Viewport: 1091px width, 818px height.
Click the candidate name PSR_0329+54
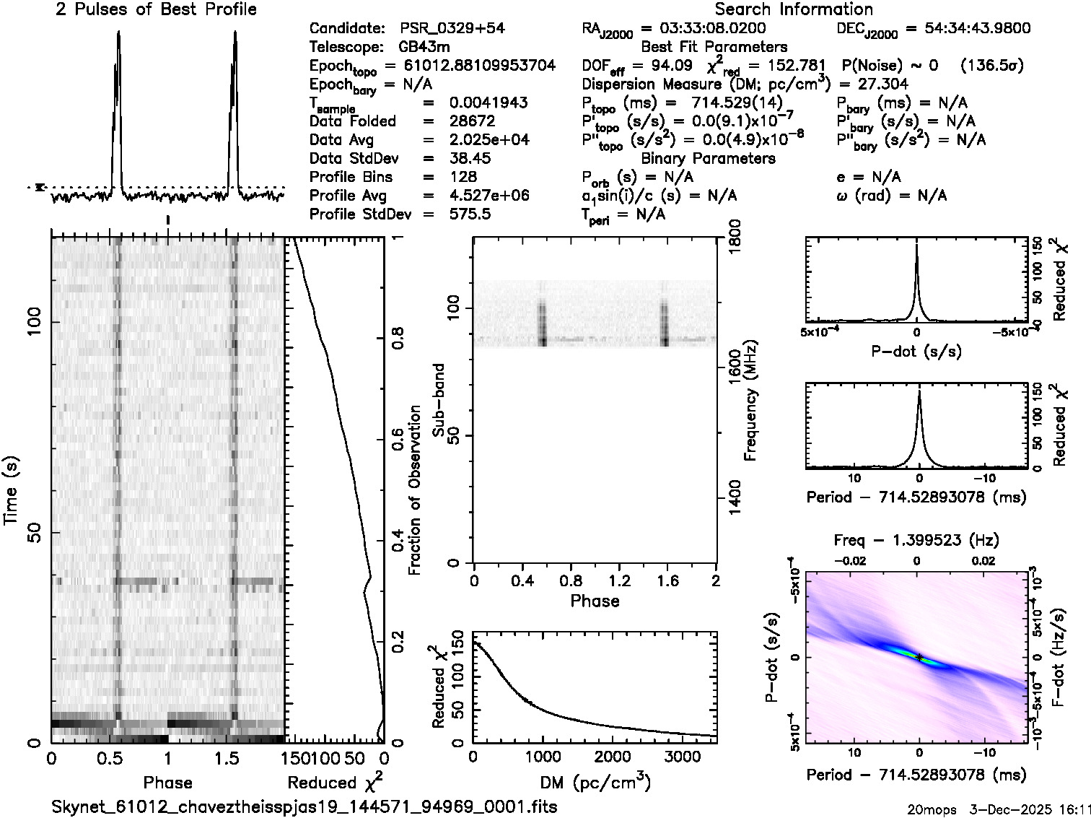pyautogui.click(x=452, y=28)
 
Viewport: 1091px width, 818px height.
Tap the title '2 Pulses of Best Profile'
pyautogui.click(x=157, y=9)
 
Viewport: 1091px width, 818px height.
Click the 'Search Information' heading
pyautogui.click(x=794, y=9)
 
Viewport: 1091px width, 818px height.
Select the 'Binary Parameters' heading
pyautogui.click(x=709, y=158)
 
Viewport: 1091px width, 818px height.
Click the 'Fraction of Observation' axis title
pyautogui.click(x=415, y=490)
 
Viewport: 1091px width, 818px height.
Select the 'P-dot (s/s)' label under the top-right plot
pyautogui.click(x=916, y=352)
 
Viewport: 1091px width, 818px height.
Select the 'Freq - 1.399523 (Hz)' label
pyautogui.click(x=916, y=540)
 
